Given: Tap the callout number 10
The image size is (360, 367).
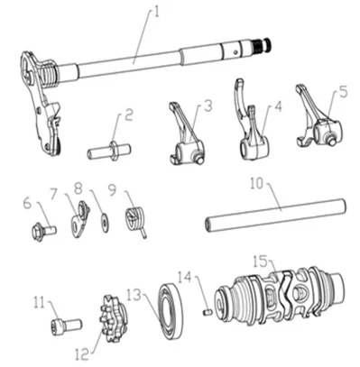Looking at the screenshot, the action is tap(256, 184).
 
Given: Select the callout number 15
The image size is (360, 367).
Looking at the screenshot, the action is tap(261, 261).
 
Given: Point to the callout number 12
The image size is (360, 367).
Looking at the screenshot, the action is tap(82, 353).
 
